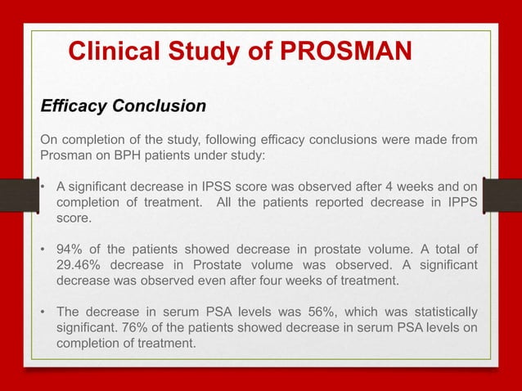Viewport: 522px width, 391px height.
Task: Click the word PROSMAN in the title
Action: pyautogui.click(x=346, y=52)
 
